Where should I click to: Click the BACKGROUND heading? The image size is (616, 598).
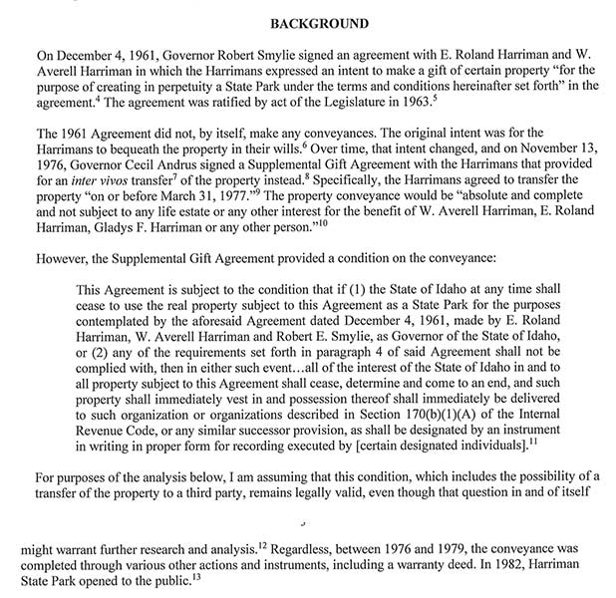[x=307, y=22]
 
